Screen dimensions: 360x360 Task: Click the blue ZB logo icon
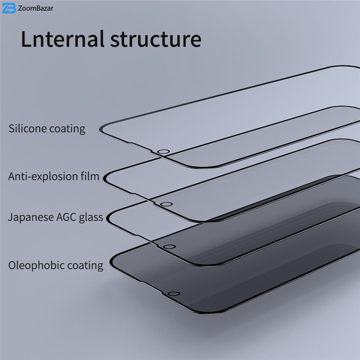[x=9, y=8]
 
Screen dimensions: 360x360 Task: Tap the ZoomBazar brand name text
[x=36, y=8]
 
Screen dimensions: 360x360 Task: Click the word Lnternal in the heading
[x=63, y=39]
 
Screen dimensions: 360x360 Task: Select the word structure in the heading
[x=156, y=39]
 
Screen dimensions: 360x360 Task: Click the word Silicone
[x=27, y=128]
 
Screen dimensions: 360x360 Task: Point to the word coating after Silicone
[x=67, y=129]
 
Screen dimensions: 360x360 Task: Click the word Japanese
[x=31, y=217]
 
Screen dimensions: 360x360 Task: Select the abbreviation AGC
[x=66, y=217]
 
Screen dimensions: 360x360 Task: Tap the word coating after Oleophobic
[x=85, y=265]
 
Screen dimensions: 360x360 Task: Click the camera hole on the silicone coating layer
[x=163, y=152]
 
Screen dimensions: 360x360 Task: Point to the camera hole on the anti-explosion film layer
[x=166, y=204]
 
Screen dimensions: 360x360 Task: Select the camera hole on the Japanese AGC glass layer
[x=170, y=247]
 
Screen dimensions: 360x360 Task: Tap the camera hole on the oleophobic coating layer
[x=174, y=294]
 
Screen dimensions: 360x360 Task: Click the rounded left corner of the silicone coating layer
[x=101, y=129]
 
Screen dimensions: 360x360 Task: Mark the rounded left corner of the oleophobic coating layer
[x=112, y=262]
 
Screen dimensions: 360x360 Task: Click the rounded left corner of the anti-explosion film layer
[x=105, y=178]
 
